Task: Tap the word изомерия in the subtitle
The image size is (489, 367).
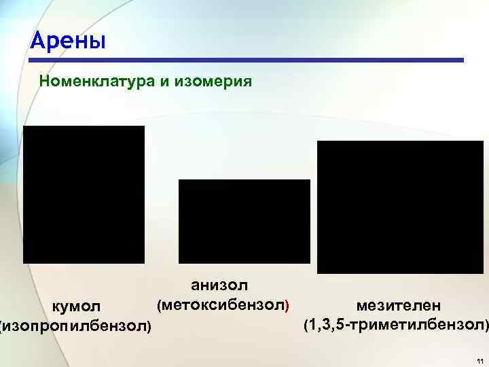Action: pyautogui.click(x=214, y=82)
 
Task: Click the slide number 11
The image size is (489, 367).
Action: pyautogui.click(x=479, y=360)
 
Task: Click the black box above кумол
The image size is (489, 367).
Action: pyautogui.click(x=84, y=194)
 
